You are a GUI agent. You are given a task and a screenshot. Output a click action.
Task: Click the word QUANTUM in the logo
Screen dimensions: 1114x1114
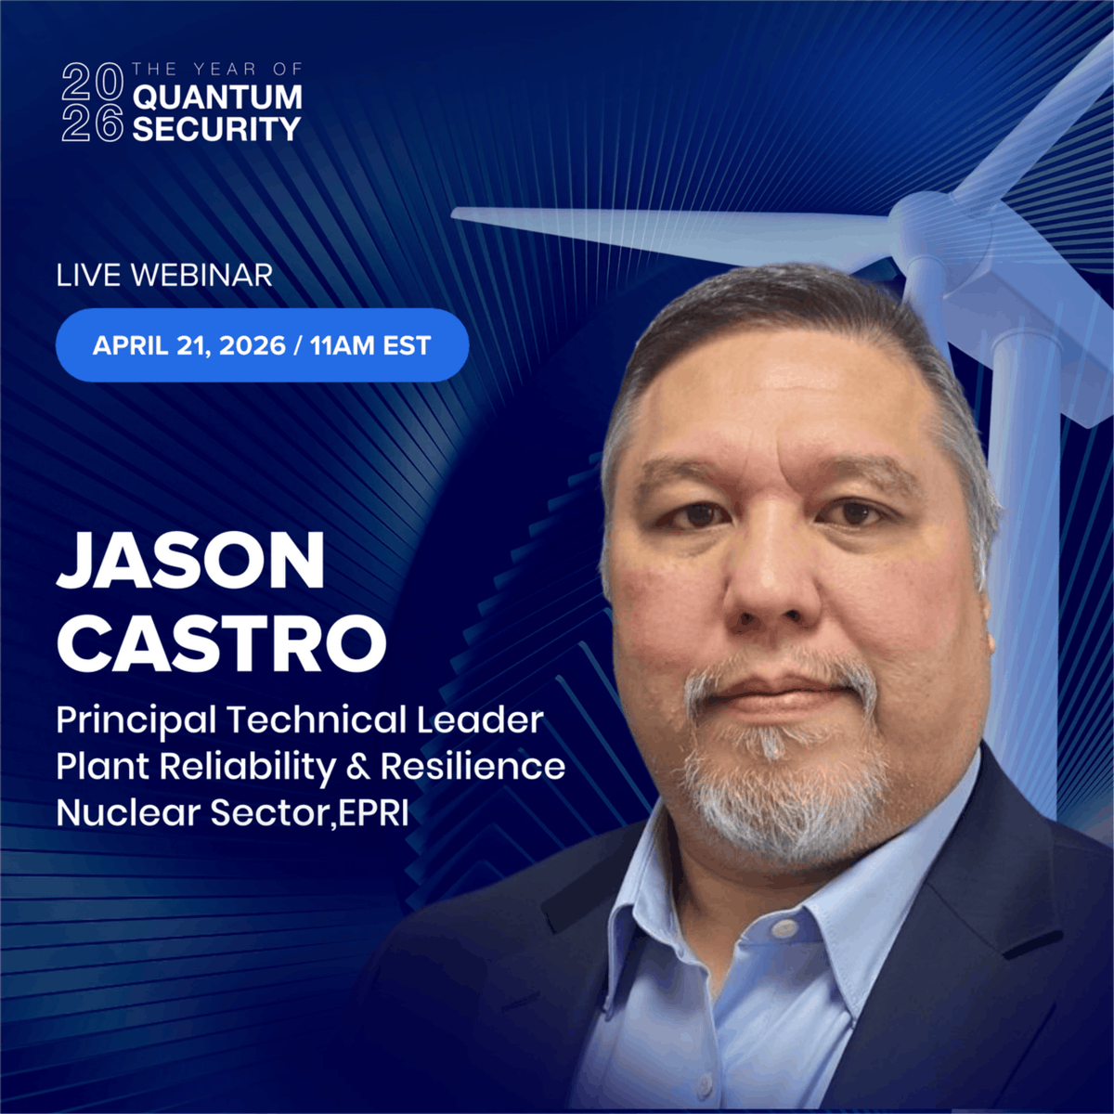217,97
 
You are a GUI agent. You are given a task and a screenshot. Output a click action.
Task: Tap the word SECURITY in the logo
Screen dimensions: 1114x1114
217,128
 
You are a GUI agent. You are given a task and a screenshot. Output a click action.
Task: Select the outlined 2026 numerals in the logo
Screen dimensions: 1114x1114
92,102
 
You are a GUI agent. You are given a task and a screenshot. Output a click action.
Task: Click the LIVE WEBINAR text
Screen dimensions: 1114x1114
164,275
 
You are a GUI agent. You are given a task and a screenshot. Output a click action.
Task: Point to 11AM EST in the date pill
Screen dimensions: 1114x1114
370,345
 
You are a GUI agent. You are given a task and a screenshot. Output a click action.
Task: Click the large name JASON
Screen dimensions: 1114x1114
191,563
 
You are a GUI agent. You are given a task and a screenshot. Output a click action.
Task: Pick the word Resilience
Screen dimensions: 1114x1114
473,767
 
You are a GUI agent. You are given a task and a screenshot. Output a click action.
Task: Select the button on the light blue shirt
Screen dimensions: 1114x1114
785,928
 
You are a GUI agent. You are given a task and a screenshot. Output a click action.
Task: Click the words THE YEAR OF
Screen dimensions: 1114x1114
216,69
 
